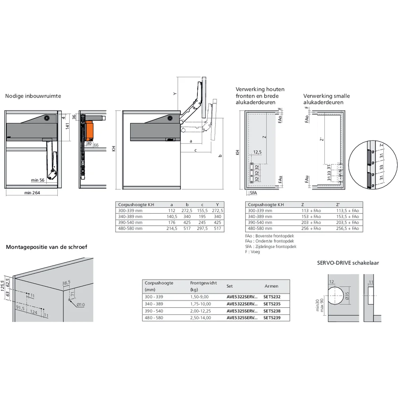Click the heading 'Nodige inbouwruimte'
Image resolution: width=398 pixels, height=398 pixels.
[x=33, y=96]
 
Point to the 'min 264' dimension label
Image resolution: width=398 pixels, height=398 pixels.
[x=32, y=193]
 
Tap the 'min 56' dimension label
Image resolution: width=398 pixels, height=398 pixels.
[x=38, y=180]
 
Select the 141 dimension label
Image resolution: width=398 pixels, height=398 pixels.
[x=68, y=126]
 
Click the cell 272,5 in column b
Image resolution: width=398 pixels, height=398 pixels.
[x=187, y=211]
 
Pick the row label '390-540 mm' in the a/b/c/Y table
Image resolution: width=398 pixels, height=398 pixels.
[x=130, y=222]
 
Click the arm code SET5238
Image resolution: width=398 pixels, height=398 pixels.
[x=272, y=311]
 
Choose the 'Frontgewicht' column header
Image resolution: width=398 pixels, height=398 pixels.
[x=203, y=283]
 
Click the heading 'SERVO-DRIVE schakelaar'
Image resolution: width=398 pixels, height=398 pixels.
[x=348, y=263]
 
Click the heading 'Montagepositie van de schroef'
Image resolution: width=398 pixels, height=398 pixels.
[x=47, y=247]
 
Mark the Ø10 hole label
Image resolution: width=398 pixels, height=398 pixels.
[x=81, y=305]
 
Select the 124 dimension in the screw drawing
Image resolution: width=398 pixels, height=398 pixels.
[x=34, y=312]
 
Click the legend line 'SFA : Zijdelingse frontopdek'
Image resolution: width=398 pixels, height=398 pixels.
[x=271, y=246]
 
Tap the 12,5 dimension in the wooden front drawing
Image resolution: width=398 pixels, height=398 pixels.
[x=257, y=152]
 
